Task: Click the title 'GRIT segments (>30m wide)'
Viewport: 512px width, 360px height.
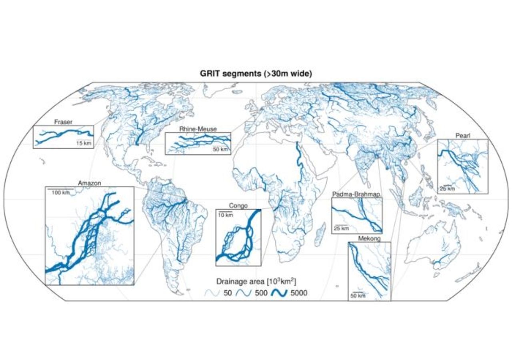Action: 256,74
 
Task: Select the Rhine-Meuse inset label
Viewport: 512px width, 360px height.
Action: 198,129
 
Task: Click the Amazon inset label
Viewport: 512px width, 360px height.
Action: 89,183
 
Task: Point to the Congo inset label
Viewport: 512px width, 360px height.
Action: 238,206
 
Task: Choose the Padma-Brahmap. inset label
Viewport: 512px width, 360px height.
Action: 356,194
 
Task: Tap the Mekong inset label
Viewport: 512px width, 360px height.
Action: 369,238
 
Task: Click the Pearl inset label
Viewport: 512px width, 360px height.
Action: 463,136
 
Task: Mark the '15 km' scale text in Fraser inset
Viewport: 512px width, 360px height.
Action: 84,143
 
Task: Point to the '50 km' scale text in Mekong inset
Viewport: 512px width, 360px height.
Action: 358,296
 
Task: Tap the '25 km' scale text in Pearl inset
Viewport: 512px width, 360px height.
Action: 447,189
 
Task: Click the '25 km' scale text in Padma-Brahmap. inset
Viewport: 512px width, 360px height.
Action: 341,229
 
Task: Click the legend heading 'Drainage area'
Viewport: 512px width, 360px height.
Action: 256,281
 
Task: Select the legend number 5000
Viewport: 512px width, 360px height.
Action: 299,294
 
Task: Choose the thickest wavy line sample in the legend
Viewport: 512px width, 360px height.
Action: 279,294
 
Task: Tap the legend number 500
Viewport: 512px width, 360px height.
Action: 260,294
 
